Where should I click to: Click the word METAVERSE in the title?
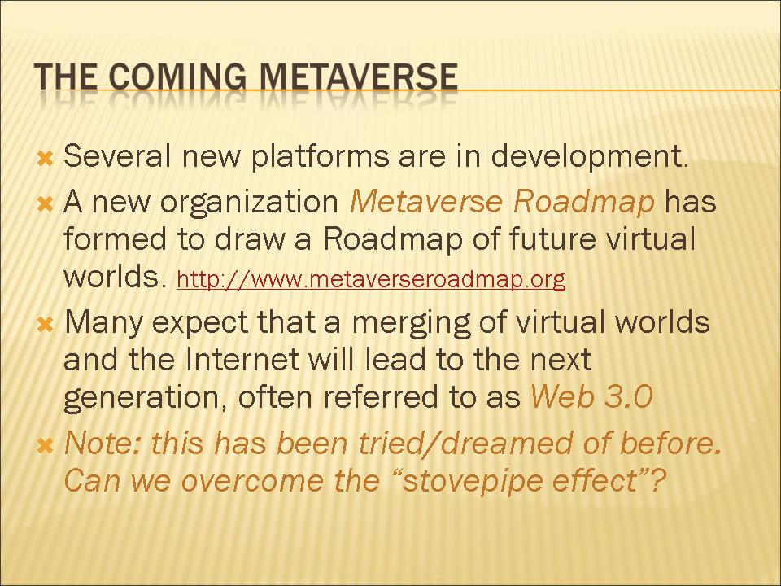point(358,77)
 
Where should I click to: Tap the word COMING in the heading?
point(177,77)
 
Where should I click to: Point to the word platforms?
point(319,155)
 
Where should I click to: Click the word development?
point(590,155)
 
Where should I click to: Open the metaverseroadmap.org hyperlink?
point(371,279)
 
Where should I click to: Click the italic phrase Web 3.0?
point(591,396)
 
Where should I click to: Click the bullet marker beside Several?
point(45,159)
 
